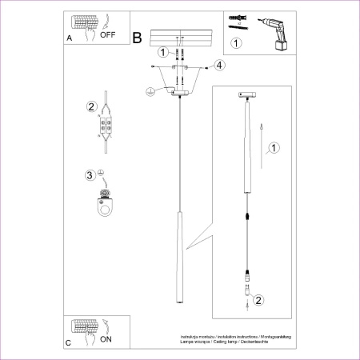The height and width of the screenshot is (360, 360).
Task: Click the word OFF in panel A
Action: point(108,35)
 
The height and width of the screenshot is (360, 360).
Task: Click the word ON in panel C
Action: point(106,339)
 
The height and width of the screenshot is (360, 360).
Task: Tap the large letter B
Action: point(137,38)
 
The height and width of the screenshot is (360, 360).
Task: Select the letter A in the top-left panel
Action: point(69,38)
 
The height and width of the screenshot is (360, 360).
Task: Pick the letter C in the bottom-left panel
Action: point(69,342)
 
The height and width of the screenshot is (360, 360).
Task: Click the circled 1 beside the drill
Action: point(236,43)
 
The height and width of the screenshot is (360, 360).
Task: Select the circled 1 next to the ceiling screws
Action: point(162,53)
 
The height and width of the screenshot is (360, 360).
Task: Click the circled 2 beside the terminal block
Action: point(91,106)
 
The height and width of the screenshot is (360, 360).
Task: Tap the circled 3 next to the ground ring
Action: point(90,174)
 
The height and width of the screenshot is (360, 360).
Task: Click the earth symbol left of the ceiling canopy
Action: point(150,92)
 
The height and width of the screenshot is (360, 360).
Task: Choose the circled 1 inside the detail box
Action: point(274,147)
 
